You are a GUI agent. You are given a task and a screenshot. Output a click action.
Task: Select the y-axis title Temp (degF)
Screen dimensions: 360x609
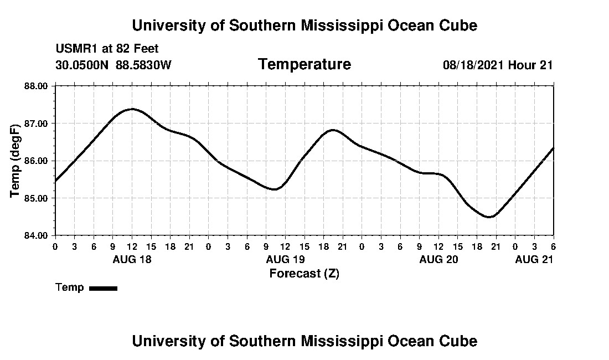pos(16,161)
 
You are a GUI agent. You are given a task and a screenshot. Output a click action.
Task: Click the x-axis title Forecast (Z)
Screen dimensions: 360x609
pos(304,273)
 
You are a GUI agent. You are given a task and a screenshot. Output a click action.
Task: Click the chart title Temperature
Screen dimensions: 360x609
pos(304,64)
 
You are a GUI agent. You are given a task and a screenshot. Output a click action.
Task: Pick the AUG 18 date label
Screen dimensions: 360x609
pos(132,259)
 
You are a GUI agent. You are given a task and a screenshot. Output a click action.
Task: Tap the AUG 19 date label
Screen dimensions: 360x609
pos(285,259)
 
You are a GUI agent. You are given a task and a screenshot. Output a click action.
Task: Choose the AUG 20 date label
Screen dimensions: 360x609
pos(438,259)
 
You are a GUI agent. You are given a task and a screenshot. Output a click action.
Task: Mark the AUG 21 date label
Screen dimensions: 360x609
pos(534,259)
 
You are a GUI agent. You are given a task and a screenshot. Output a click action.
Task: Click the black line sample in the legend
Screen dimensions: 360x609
pos(103,288)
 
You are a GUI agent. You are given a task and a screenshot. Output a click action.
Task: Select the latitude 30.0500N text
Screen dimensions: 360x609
pos(82,65)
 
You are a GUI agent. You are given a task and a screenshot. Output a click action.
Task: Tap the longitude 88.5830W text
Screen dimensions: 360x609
pos(144,65)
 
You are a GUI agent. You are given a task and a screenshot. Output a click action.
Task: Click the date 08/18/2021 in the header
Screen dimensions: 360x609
pos(473,65)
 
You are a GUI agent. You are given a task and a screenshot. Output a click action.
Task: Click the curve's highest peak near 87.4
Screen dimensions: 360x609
pos(132,109)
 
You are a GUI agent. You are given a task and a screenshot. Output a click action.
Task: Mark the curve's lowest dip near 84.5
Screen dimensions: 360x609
pos(489,217)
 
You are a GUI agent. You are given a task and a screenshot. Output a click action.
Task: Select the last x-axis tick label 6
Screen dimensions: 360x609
pos(553,246)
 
